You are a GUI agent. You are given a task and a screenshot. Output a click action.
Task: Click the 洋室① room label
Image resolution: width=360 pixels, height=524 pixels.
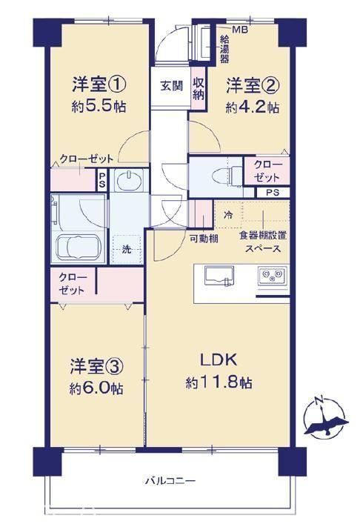99,85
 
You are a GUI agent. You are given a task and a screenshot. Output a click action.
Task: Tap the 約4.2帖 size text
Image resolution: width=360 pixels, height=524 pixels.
253,107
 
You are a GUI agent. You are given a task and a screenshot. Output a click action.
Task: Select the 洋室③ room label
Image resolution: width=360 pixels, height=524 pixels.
97,367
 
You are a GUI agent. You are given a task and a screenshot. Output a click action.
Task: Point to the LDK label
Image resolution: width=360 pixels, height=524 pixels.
219,360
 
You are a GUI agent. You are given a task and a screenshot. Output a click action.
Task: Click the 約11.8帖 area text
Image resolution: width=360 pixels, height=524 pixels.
219,382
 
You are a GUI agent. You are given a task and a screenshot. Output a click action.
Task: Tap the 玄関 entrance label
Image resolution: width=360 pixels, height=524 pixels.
172,86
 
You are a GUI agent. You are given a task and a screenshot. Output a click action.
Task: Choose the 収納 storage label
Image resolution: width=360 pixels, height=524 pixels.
198,88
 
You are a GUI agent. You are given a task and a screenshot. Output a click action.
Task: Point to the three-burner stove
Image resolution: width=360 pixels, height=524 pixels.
272,276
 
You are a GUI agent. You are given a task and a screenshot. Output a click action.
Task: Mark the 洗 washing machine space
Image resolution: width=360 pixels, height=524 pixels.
127,249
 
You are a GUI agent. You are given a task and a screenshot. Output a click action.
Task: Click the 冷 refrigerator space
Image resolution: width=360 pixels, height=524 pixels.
228,214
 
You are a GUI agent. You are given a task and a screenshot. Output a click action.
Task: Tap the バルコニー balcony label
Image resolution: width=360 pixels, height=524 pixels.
170,481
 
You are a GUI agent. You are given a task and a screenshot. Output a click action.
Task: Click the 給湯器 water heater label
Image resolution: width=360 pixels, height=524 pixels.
224,49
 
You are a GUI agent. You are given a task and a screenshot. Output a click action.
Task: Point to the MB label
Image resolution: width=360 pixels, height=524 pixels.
240,30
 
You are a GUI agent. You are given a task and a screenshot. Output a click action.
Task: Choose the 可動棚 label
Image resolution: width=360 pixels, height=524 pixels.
204,239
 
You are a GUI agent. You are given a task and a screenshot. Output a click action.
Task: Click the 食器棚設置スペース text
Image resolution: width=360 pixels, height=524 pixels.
263,242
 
